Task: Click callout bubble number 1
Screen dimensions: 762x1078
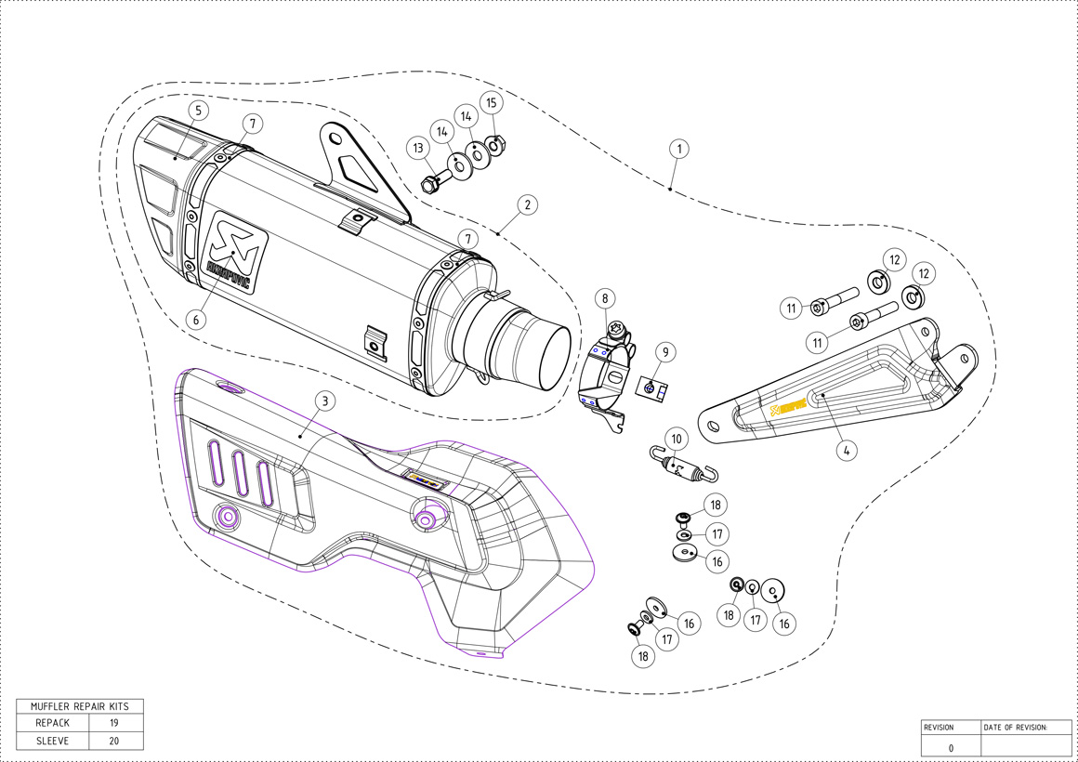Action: pos(679,148)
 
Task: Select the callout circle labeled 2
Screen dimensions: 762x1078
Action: pos(526,204)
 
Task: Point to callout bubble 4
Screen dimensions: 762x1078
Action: pos(846,450)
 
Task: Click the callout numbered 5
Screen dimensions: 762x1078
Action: pos(197,111)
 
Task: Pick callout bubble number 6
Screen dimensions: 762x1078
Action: pos(195,318)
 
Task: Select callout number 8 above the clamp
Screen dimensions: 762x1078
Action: pos(605,298)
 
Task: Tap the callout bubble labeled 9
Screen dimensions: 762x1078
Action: pos(665,352)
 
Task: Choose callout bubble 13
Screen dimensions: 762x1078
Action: pos(419,148)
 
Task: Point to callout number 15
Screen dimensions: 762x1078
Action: pos(493,102)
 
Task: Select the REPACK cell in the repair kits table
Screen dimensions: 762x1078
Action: pos(53,723)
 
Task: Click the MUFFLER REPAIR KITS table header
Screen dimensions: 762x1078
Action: pos(80,706)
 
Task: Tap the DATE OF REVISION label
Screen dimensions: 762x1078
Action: pos(1015,727)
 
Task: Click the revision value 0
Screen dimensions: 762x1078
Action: pos(950,747)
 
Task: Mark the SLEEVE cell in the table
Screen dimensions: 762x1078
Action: pos(53,741)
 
